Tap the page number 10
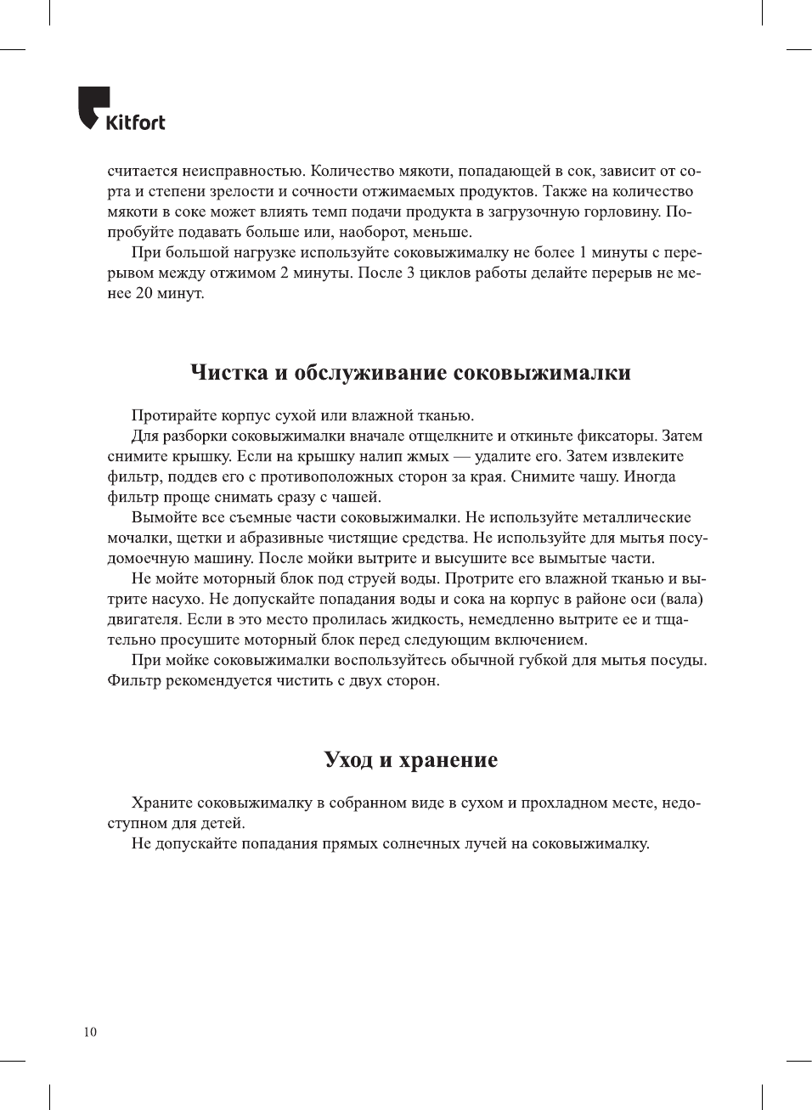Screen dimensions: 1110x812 click(90, 1032)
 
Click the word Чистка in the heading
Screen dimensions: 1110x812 click(228, 373)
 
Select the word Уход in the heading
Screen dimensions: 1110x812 click(348, 759)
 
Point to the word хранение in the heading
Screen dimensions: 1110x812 click(448, 759)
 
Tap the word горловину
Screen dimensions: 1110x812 click(620, 211)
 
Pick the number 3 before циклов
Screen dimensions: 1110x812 click(411, 273)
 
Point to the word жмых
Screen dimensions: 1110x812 click(429, 456)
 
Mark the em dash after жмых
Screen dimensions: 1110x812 click(461, 456)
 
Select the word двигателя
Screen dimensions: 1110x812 click(143, 619)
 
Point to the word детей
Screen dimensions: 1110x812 click(223, 823)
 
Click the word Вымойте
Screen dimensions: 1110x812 click(165, 517)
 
